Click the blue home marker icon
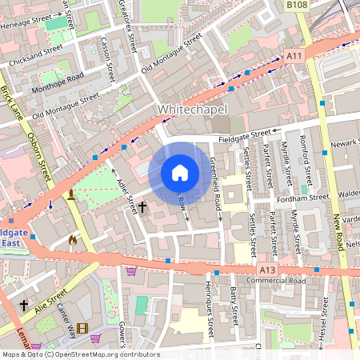(180, 173)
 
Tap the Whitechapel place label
(193, 109)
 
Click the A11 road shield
(294, 55)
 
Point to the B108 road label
(297, 5)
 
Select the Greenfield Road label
(214, 188)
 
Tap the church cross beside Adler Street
(142, 207)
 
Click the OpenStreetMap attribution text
(80, 354)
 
